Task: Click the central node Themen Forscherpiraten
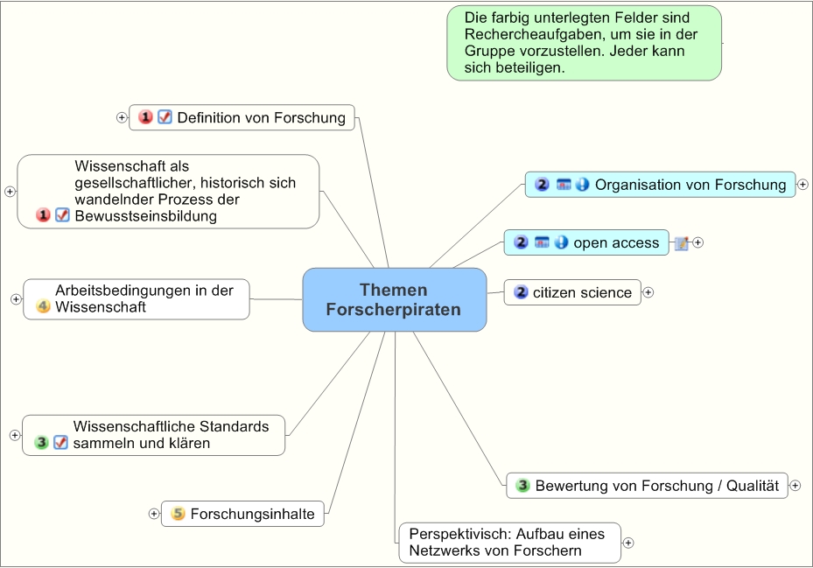tap(394, 299)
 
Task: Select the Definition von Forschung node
tap(261, 117)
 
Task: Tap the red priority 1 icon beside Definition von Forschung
tap(146, 117)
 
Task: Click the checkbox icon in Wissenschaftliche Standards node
tap(60, 443)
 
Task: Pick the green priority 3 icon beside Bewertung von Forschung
tap(522, 485)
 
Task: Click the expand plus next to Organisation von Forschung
tap(802, 185)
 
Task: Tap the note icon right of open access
tap(682, 243)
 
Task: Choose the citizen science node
tap(582, 292)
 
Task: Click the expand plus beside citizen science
tap(648, 292)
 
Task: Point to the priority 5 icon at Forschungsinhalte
tap(178, 514)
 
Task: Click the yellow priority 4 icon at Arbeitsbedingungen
tap(43, 306)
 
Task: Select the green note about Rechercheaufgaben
tap(584, 43)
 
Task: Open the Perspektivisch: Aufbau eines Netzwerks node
tap(508, 542)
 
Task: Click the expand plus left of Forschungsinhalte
tap(154, 514)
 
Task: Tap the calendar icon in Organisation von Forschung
tap(564, 185)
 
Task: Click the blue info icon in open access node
tap(561, 242)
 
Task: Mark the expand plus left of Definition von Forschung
tap(122, 117)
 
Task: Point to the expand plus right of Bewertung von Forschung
tap(795, 485)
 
